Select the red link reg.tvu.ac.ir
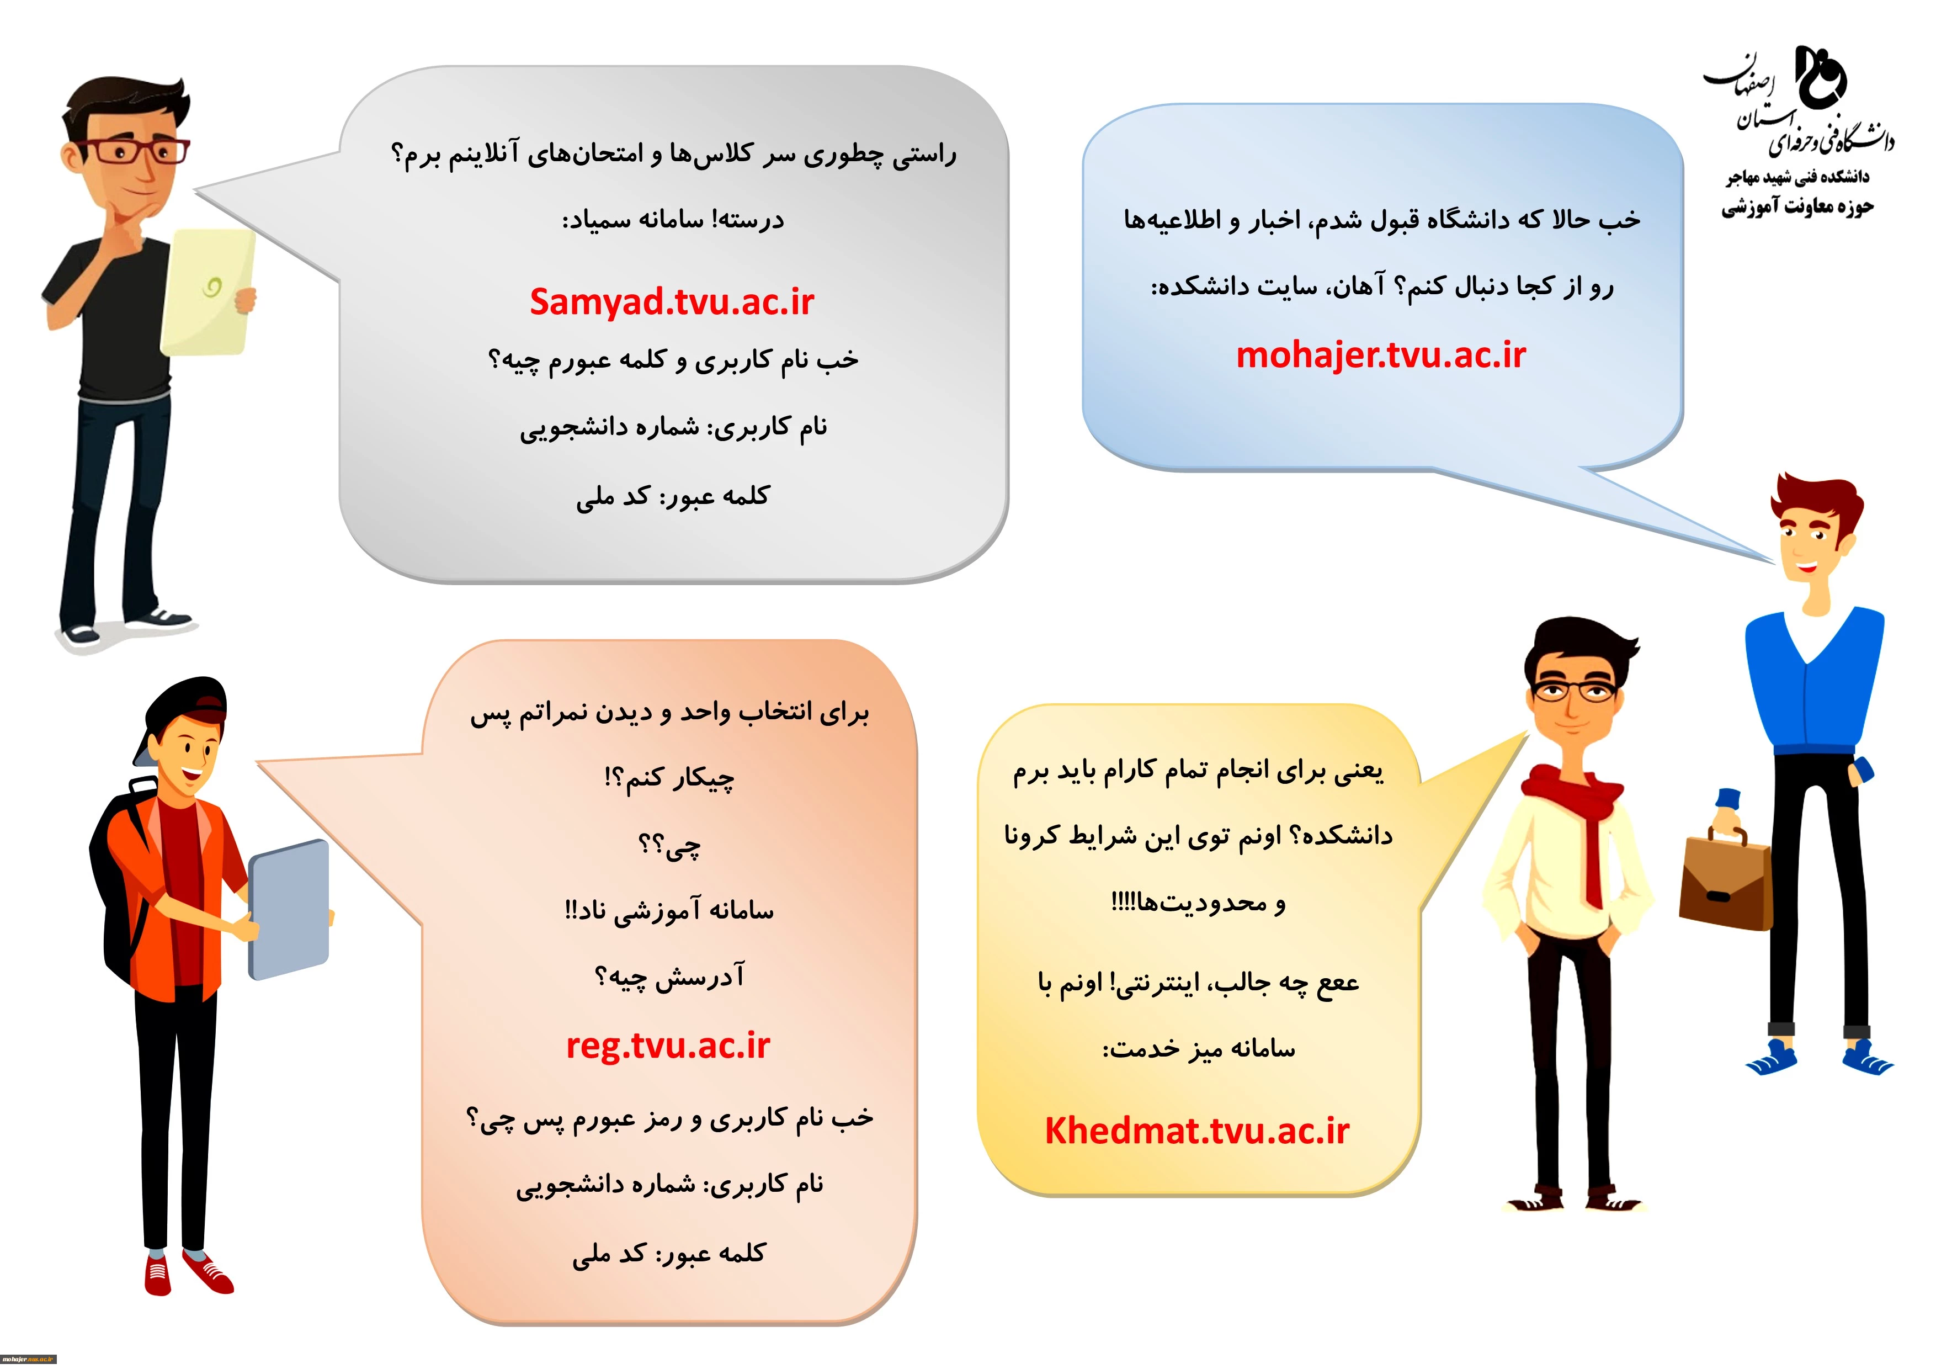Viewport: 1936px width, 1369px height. [x=668, y=1046]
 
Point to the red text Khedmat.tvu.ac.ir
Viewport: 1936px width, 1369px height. [x=1198, y=1131]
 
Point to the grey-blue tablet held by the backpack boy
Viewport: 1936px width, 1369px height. [x=289, y=909]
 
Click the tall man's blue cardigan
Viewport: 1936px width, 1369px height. [x=1813, y=687]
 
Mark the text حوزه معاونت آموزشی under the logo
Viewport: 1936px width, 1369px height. [x=1797, y=206]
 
